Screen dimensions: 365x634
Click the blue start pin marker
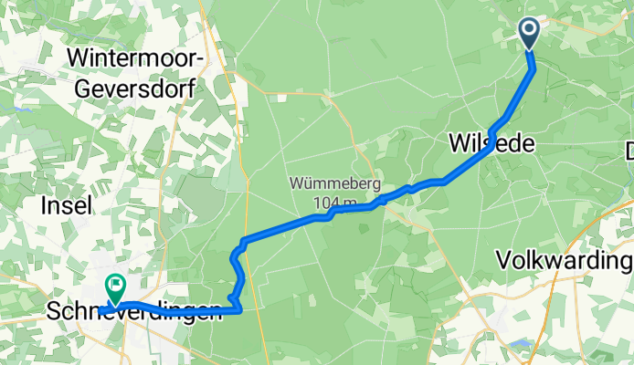pos(530,33)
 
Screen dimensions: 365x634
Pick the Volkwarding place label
pos(565,261)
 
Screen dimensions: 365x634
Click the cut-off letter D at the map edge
pos(629,151)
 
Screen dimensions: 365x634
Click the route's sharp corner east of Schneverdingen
pos(239,310)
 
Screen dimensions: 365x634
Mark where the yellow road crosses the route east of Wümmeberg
pos(384,199)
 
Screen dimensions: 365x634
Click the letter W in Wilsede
pos(458,143)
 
